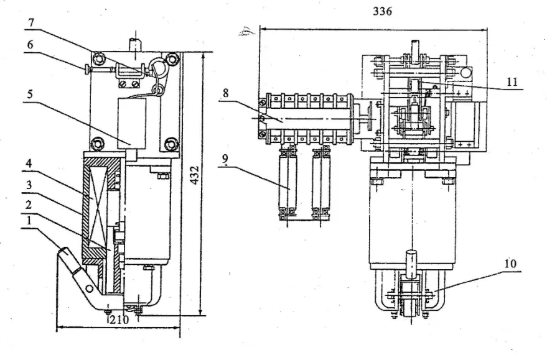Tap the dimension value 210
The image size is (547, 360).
point(118,321)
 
